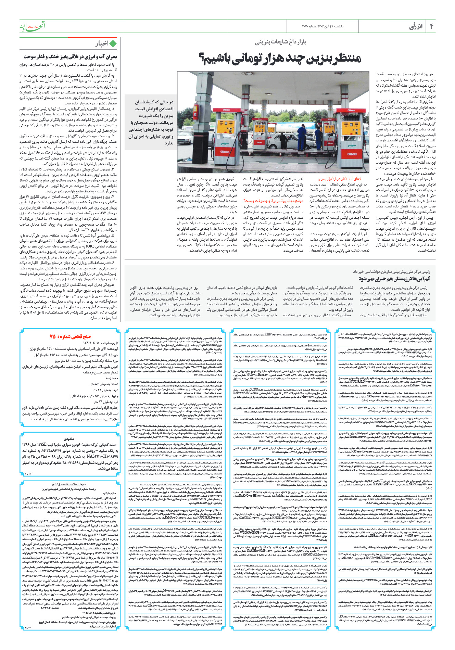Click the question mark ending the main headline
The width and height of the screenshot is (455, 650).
[x=202, y=59]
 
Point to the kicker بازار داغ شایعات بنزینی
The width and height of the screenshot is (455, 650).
[x=280, y=42]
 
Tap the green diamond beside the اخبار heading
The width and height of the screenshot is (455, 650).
[x=113, y=43]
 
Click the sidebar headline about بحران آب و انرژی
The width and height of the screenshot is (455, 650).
[x=70, y=56]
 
